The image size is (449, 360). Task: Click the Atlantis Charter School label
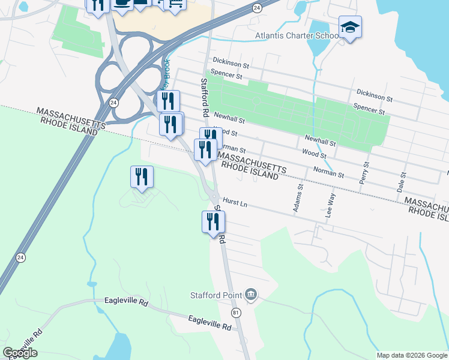(x=298, y=36)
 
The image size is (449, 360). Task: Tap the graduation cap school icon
(x=350, y=27)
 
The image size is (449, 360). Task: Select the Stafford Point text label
(x=216, y=295)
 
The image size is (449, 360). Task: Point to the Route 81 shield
(x=235, y=313)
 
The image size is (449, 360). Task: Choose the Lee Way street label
(x=329, y=205)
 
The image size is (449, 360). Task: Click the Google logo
(x=20, y=353)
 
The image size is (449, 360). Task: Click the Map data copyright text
(x=412, y=355)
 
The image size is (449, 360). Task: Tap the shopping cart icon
(x=175, y=4)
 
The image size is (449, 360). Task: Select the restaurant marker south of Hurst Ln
(x=213, y=221)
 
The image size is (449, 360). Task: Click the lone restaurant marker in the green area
(x=142, y=176)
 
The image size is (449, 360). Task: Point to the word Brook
(x=166, y=71)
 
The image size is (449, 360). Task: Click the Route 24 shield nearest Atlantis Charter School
(x=257, y=7)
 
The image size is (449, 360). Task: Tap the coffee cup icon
(x=122, y=3)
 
